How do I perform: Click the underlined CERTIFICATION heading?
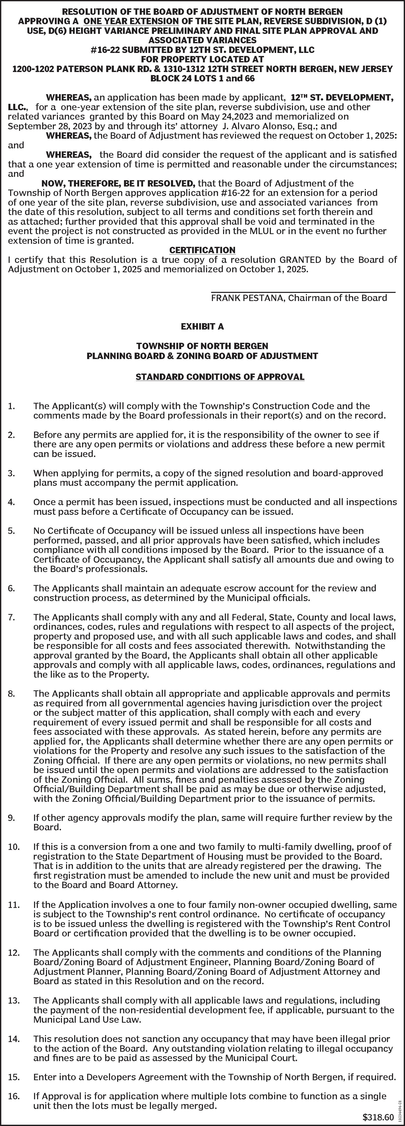(x=202, y=250)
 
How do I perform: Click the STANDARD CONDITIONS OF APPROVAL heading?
(x=220, y=377)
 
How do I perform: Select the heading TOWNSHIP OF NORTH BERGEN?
(x=202, y=346)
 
